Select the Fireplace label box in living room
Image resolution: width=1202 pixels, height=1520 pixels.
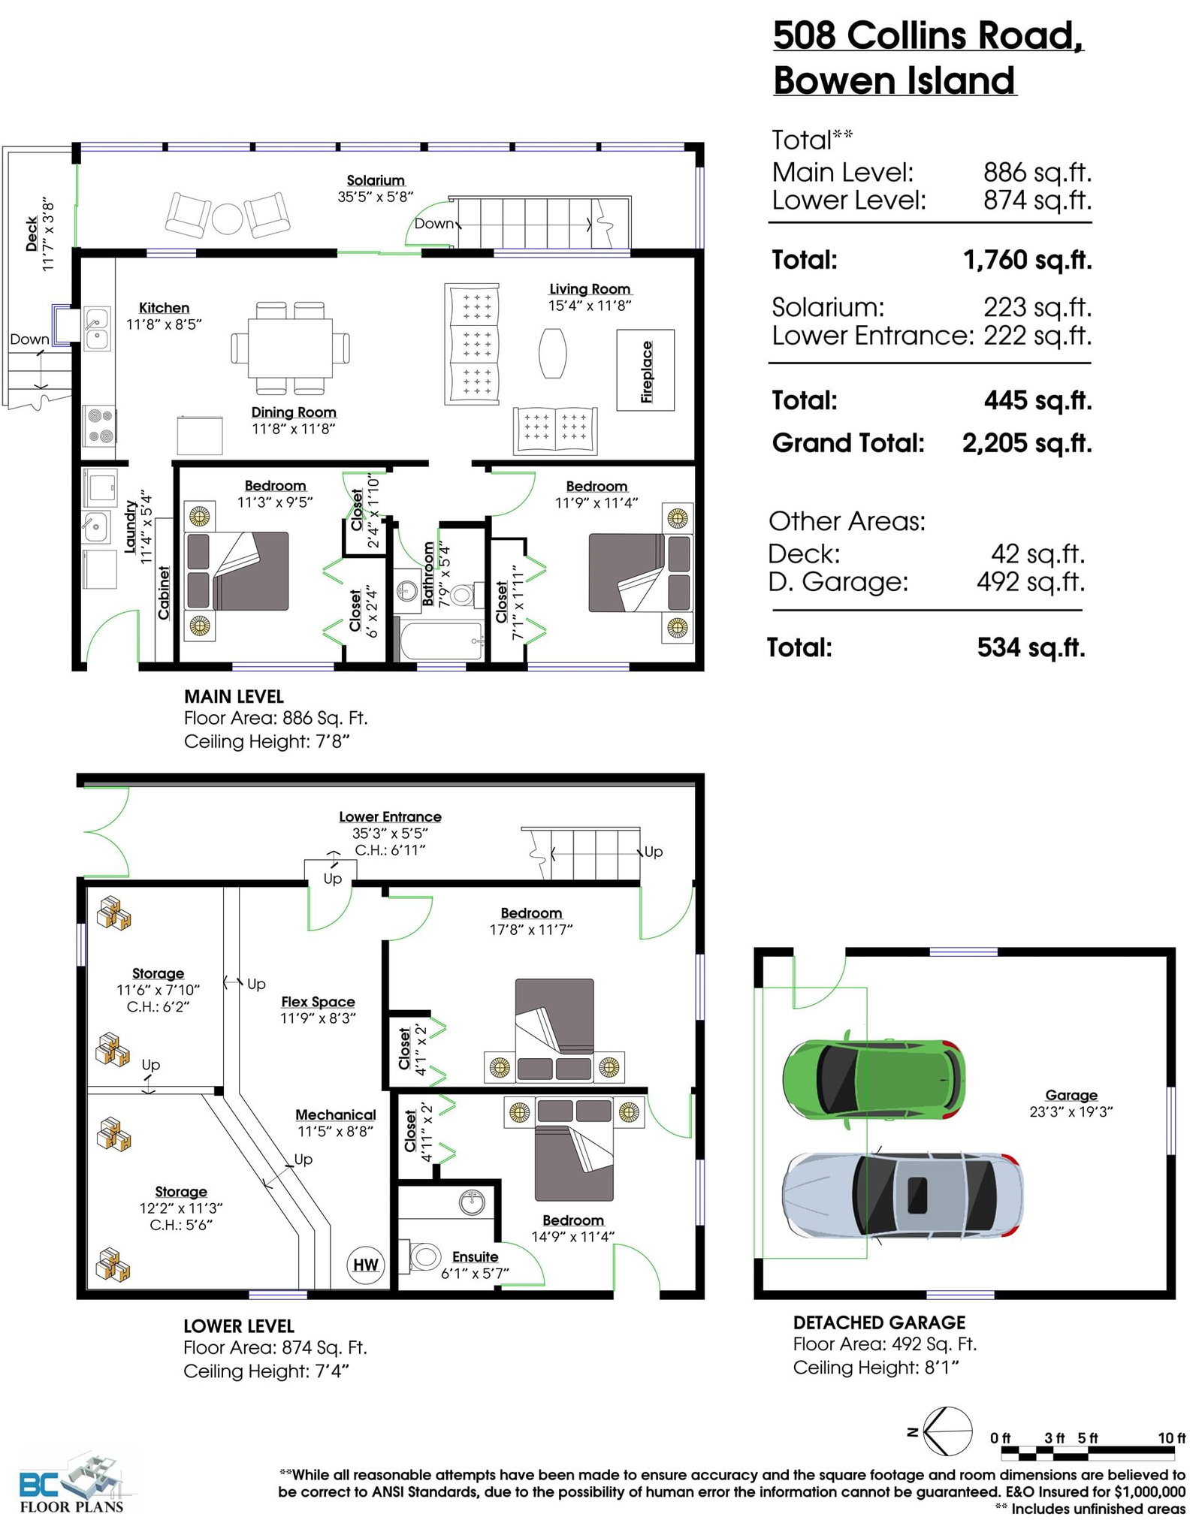click(x=645, y=370)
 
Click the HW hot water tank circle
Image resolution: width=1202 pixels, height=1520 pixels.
click(x=366, y=1265)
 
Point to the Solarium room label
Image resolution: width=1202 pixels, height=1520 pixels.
click(x=376, y=180)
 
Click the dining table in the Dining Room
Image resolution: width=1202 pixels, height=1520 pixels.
click(x=290, y=348)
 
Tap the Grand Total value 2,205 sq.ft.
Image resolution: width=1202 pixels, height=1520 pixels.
click(x=1027, y=443)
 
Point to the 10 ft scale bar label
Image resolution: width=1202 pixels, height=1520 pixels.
click(x=1171, y=1437)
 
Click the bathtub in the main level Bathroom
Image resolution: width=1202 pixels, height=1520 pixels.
click(x=441, y=641)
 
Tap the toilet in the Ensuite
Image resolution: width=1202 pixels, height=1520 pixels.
click(x=424, y=1256)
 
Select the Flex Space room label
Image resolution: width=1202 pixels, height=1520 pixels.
click(x=318, y=1002)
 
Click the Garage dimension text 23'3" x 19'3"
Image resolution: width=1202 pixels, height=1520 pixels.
click(x=1071, y=1111)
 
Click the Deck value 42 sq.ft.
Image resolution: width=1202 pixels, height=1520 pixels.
click(x=1037, y=554)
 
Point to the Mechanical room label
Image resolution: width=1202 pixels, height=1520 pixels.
click(x=335, y=1115)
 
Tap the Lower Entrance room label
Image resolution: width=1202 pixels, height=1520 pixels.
click(x=390, y=816)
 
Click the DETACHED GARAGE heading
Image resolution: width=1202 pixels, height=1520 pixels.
click(x=879, y=1322)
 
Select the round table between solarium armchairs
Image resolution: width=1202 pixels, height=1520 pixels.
click(x=227, y=219)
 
